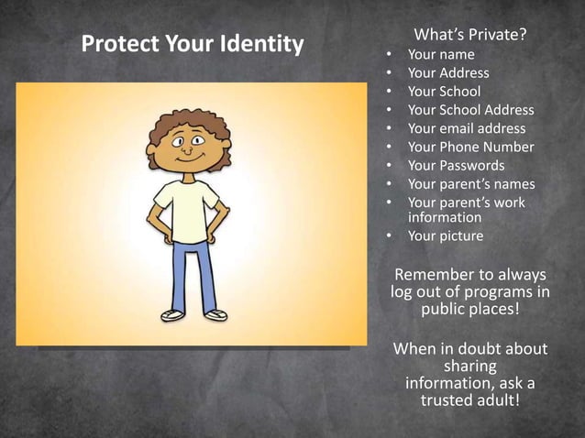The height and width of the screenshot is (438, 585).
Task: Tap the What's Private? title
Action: click(471, 35)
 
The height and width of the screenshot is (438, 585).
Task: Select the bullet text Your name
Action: click(441, 54)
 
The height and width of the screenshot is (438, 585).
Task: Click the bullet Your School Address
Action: click(470, 110)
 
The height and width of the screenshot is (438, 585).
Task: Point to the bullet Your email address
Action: click(467, 128)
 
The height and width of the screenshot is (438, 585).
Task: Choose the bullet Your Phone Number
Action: click(470, 147)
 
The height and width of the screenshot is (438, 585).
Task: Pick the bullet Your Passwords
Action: click(456, 166)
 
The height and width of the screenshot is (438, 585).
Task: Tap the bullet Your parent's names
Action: click(471, 184)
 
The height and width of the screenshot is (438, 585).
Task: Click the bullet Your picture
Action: click(445, 236)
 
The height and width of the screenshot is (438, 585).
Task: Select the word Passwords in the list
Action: click(472, 166)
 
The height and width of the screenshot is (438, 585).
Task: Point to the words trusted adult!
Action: click(469, 400)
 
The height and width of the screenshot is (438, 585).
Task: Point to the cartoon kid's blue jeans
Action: click(193, 270)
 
